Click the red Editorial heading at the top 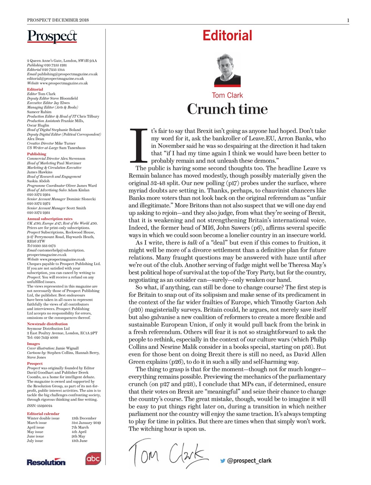[x=227, y=36]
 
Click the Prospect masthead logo [x=52, y=36]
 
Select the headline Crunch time [x=227, y=109]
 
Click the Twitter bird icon [x=223, y=461]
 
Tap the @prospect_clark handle [x=249, y=461]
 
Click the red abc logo [x=93, y=459]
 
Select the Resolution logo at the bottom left [x=46, y=462]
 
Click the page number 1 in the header [x=348, y=20]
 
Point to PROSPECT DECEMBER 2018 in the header [x=58, y=20]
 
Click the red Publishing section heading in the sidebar [x=36, y=154]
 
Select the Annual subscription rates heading [x=50, y=219]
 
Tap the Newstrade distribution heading [x=47, y=324]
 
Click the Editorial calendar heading [x=43, y=414]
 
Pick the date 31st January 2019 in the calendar [x=86, y=423]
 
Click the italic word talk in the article [x=192, y=243]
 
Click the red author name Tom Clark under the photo [x=227, y=95]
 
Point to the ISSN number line [x=39, y=405]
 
